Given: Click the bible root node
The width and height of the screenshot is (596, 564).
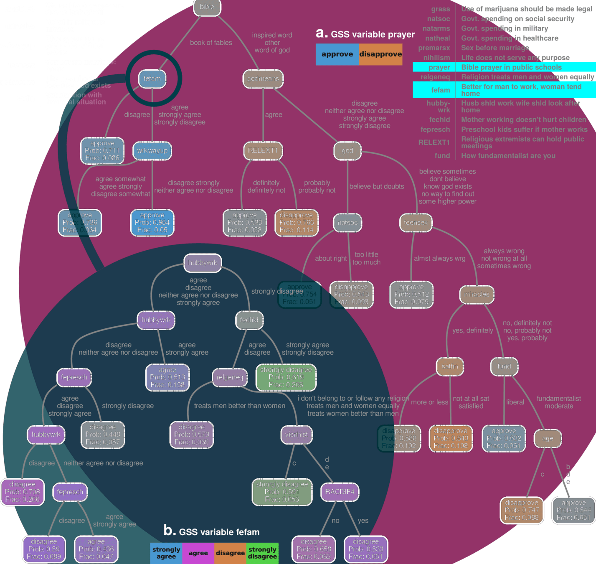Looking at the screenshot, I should tap(207, 7).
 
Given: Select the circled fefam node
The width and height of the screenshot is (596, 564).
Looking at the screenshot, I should tap(152, 79).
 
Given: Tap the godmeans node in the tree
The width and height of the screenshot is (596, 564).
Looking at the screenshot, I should tap(263, 79).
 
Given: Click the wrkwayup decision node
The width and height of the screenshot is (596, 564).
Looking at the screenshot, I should tap(152, 151).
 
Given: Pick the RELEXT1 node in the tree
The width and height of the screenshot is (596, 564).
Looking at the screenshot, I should tap(263, 151).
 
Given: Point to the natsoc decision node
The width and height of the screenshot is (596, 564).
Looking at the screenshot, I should tap(347, 223).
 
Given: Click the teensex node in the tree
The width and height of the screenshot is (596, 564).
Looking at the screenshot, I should tap(416, 223).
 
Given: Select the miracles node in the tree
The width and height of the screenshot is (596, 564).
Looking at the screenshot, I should tap(477, 295).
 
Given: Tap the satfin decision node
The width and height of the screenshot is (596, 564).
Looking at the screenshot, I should tap(450, 366).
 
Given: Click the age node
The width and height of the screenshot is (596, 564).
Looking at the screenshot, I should tap(548, 439).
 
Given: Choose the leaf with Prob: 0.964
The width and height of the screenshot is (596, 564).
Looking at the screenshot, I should tap(152, 223).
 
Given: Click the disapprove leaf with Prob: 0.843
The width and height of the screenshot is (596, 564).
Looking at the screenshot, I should tap(451, 438).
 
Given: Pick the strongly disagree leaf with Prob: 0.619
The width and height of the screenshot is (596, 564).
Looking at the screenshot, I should tap(286, 377).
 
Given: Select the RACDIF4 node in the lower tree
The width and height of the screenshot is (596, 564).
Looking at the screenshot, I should tap(340, 492).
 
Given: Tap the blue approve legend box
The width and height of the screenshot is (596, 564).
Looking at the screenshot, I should tap(337, 54).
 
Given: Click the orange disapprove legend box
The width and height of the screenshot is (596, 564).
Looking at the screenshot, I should tap(380, 54).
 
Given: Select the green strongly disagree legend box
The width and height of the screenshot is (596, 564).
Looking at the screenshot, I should tap(262, 553).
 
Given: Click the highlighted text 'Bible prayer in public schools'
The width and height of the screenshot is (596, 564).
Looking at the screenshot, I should tap(511, 67).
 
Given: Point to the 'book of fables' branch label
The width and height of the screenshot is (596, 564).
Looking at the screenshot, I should tap(211, 43).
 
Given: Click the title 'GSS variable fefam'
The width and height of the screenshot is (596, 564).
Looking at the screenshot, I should tap(219, 532).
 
